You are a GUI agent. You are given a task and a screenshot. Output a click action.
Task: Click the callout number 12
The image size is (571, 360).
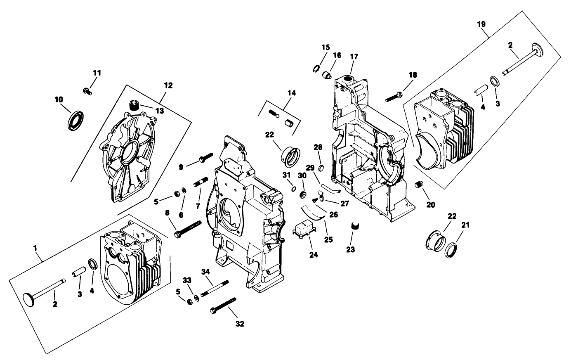168,85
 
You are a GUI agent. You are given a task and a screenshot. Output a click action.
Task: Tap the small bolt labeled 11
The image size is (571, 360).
87,90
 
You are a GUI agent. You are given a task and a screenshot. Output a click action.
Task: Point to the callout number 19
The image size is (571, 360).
481,24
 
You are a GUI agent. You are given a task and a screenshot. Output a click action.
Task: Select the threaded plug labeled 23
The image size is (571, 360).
353,225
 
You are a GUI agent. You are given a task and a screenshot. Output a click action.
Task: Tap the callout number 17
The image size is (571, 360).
354,57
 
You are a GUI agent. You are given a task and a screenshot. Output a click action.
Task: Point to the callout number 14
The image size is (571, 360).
291,93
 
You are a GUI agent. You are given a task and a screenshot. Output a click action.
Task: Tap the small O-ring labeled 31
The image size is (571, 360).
293,189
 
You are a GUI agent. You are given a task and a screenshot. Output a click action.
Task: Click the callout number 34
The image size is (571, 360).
206,271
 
